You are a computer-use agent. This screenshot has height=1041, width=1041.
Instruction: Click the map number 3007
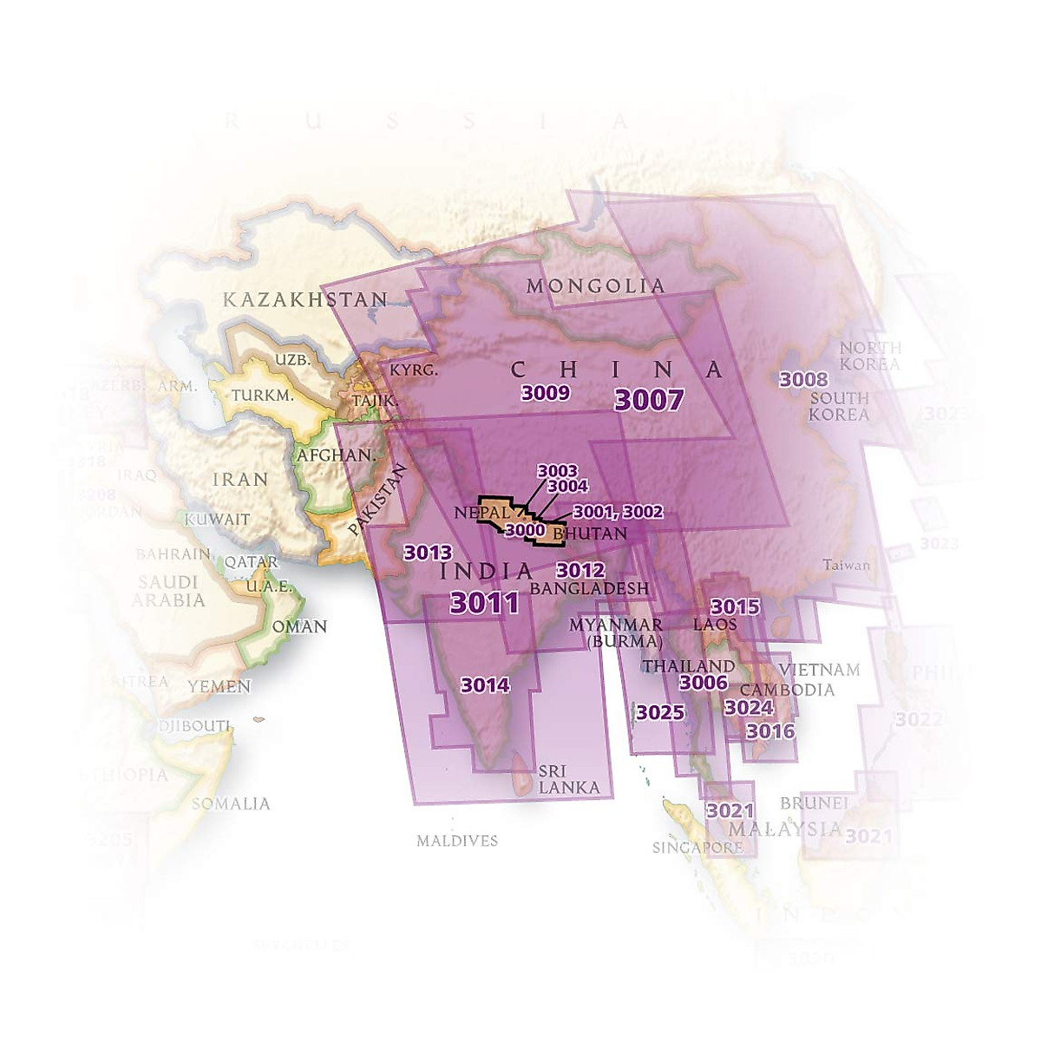pyautogui.click(x=649, y=400)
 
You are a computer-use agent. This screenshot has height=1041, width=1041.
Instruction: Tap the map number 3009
pyautogui.click(x=545, y=393)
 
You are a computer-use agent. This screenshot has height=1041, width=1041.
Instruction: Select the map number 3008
pyautogui.click(x=803, y=379)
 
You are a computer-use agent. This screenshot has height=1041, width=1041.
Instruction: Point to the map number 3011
pyautogui.click(x=483, y=603)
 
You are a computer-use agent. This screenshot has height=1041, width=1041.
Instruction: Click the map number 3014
pyautogui.click(x=485, y=685)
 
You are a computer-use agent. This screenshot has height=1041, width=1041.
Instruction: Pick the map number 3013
pyautogui.click(x=428, y=553)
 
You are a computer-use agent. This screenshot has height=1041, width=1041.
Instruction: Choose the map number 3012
pyautogui.click(x=580, y=571)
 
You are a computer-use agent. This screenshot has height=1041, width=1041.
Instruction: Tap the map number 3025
pyautogui.click(x=660, y=713)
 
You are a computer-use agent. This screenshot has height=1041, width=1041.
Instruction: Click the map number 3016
pyautogui.click(x=770, y=731)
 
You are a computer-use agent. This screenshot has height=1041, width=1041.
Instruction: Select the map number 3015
pyautogui.click(x=735, y=606)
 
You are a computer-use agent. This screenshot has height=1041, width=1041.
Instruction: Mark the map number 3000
pyautogui.click(x=524, y=530)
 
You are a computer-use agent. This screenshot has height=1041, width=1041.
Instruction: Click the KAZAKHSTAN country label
pyautogui.click(x=305, y=300)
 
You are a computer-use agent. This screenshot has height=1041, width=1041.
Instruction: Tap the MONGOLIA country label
pyautogui.click(x=596, y=285)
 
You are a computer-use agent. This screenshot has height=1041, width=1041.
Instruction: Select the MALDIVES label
pyautogui.click(x=457, y=841)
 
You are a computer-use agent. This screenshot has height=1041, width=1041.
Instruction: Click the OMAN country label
pyautogui.click(x=299, y=626)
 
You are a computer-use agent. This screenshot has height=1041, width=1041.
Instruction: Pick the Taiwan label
pyautogui.click(x=846, y=566)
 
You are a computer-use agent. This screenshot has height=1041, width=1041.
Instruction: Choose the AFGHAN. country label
pyautogui.click(x=337, y=455)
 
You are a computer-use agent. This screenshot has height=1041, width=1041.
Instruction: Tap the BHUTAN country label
pyautogui.click(x=590, y=534)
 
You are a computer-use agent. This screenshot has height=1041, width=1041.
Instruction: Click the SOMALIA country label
pyautogui.click(x=231, y=804)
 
